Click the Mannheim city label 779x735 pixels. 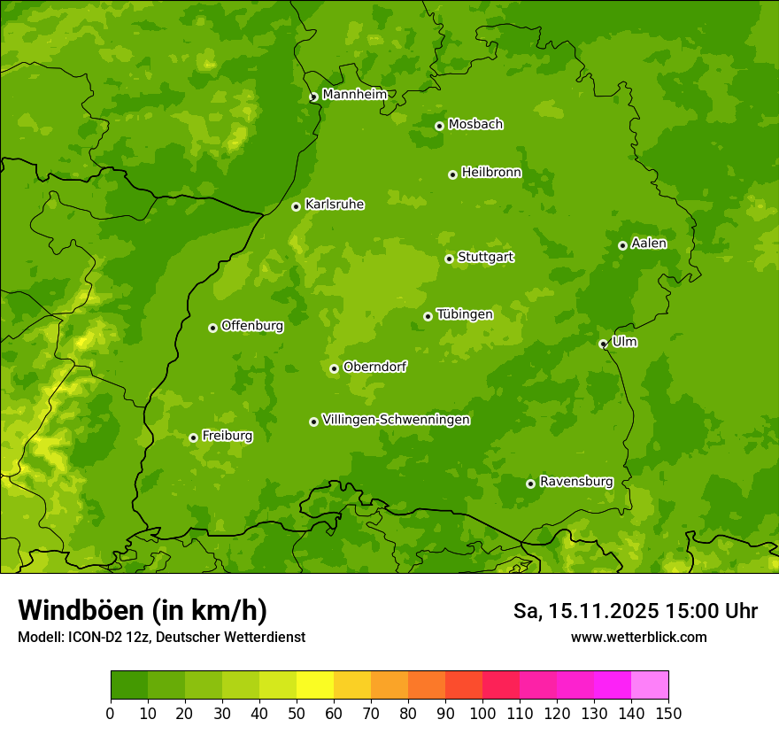point(354,94)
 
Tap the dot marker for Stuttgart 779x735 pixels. point(449,259)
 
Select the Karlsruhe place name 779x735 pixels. point(335,204)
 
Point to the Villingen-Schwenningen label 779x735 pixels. point(396,419)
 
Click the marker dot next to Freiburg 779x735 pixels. point(193,437)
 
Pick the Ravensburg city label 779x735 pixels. point(576,481)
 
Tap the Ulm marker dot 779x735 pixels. point(603,344)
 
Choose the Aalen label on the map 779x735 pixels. point(649,243)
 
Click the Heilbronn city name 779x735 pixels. point(491,172)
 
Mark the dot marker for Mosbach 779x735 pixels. point(439,126)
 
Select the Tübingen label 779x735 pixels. point(465,313)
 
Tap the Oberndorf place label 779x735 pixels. point(374,366)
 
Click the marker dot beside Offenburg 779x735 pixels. point(212,328)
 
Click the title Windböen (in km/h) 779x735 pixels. point(143,610)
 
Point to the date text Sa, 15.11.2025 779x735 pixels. point(584,611)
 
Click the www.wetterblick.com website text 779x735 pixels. point(638,637)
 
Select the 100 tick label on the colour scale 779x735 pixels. point(482,712)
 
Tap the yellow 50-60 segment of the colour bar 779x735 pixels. point(315,685)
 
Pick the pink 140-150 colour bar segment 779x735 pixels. point(650,685)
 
